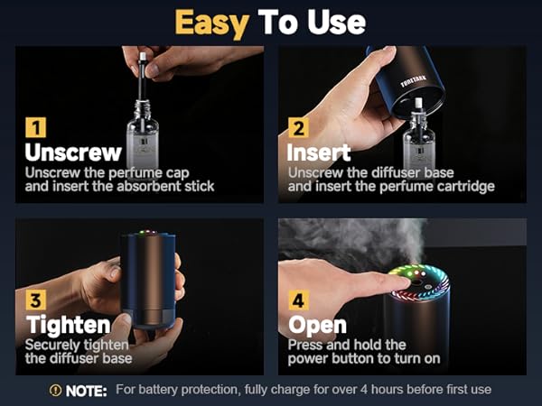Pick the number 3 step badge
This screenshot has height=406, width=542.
[x=33, y=300]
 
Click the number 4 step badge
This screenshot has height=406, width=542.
[x=296, y=300]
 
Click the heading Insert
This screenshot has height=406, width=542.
[x=318, y=152]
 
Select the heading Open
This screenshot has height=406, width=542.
[x=317, y=325]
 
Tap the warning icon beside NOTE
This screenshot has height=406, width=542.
[x=56, y=391]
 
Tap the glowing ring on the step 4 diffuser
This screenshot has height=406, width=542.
[x=418, y=276]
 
